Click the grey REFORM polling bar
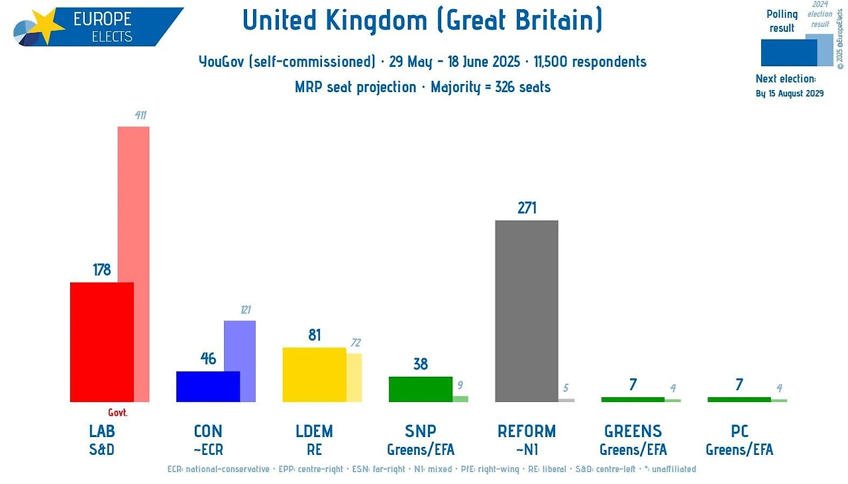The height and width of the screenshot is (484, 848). [x=527, y=311]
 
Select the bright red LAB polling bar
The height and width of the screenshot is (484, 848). [x=102, y=342]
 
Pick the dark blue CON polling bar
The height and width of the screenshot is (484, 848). [x=208, y=387]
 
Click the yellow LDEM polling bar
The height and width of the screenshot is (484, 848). [x=314, y=374]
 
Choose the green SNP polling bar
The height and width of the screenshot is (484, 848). [x=420, y=389]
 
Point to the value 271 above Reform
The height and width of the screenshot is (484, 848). [x=527, y=208]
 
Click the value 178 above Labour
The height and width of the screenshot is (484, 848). [x=102, y=269]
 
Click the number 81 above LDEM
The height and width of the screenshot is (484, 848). [x=314, y=335]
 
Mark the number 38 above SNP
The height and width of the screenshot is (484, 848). [x=420, y=364]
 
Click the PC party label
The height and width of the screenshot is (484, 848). [x=739, y=432]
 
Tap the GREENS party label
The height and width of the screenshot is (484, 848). [x=633, y=432]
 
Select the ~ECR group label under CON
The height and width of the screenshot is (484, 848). [x=208, y=450]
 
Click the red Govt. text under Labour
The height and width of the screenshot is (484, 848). [x=118, y=412]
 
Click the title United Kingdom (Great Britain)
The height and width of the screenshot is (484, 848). [x=423, y=21]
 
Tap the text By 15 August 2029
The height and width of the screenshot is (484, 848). [x=790, y=93]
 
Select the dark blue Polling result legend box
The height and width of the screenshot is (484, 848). [x=788, y=53]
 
